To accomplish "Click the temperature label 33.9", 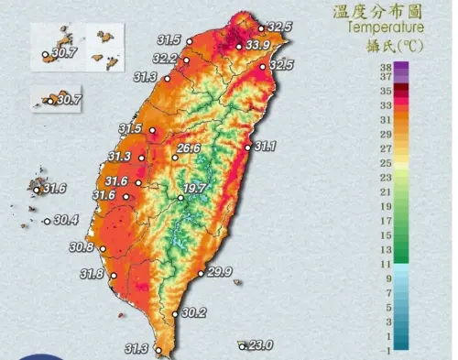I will click(x=258, y=45).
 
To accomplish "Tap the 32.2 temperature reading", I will click(x=166, y=59).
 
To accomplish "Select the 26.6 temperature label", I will click(x=189, y=147).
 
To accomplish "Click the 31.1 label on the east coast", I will click(x=267, y=146).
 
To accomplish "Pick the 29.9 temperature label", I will click(x=218, y=272).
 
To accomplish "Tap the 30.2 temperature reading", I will click(x=194, y=312).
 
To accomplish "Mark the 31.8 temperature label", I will click(x=92, y=274).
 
